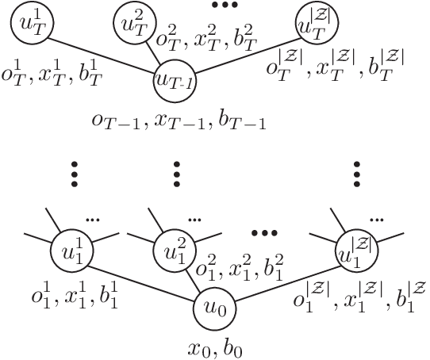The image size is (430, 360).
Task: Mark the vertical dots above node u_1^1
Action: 74,174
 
